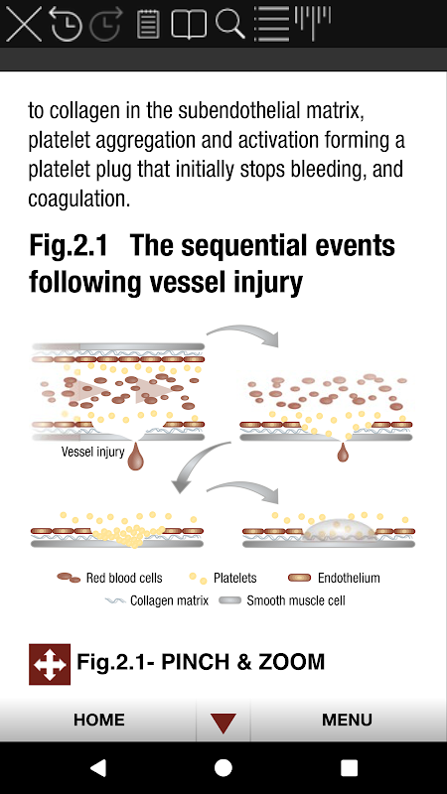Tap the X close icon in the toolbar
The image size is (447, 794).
23,23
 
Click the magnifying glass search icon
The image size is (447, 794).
230,23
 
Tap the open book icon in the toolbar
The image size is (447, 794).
189,24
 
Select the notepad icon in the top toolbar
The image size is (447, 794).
148,24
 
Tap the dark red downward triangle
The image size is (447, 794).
223,723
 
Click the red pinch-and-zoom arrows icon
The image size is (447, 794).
50,664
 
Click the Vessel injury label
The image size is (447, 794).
92,452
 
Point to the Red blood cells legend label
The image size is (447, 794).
124,578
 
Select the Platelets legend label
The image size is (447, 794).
235,578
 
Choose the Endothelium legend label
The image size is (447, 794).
349,578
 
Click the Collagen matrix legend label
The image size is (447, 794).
169,600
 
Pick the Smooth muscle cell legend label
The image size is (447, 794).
296,600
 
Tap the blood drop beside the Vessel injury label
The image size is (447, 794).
135,456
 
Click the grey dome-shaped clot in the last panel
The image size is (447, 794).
341,530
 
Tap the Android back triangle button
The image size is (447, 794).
98,767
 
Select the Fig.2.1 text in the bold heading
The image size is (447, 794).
69,246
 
